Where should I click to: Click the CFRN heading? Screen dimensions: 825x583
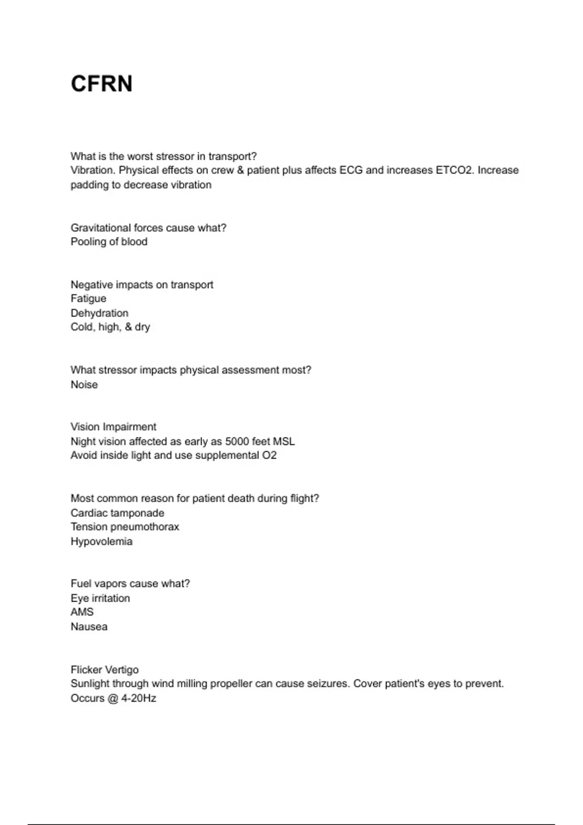[x=102, y=83]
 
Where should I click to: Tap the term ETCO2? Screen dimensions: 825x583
[x=453, y=170]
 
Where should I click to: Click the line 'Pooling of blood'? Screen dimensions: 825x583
[x=109, y=242]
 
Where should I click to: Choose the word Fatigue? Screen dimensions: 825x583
[x=88, y=298]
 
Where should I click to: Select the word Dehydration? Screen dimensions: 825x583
[x=100, y=313]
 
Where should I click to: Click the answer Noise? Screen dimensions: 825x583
[x=84, y=384]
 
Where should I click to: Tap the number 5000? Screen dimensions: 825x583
[x=237, y=442]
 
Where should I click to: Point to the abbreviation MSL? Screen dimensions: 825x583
[x=284, y=442]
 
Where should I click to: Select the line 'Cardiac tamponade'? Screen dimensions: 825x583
[x=117, y=513]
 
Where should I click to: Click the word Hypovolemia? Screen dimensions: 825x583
[x=102, y=542]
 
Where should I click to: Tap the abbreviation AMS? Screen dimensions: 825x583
[x=82, y=612]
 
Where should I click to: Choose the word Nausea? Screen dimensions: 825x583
[x=89, y=627]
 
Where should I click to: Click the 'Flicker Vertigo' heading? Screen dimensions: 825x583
[x=104, y=670]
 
